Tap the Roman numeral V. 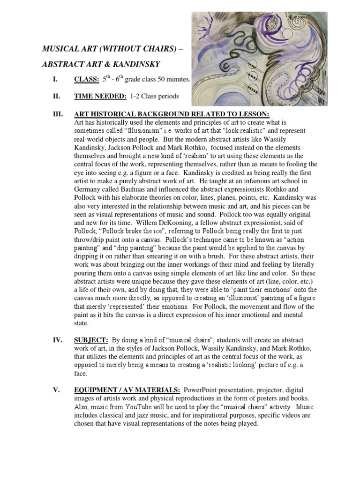56,390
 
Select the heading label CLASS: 86,80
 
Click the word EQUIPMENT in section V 96,390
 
